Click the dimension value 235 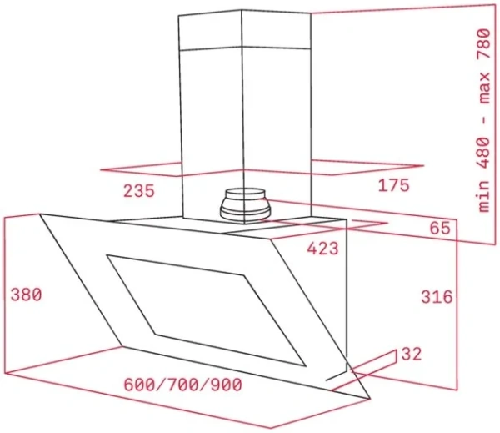click(x=139, y=191)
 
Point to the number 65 click(x=440, y=228)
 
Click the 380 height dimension click(x=25, y=295)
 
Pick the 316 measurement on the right click(x=436, y=296)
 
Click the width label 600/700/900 click(x=182, y=385)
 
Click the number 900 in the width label click(x=225, y=385)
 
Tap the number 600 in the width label click(x=139, y=385)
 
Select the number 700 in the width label click(x=182, y=385)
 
